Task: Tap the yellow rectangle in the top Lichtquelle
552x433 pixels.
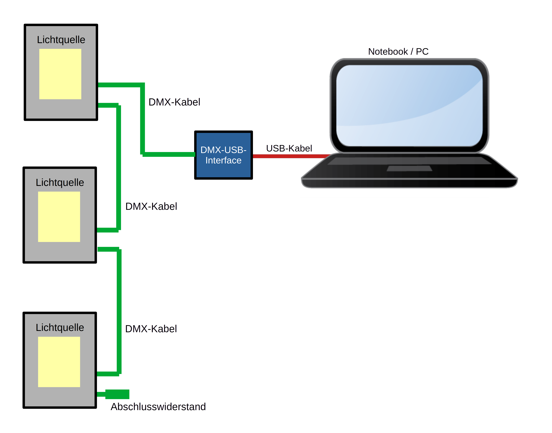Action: click(x=60, y=74)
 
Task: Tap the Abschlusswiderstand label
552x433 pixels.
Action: click(x=158, y=407)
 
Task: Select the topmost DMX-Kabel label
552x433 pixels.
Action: click(x=174, y=102)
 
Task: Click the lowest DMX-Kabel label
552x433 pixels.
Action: click(x=151, y=329)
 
